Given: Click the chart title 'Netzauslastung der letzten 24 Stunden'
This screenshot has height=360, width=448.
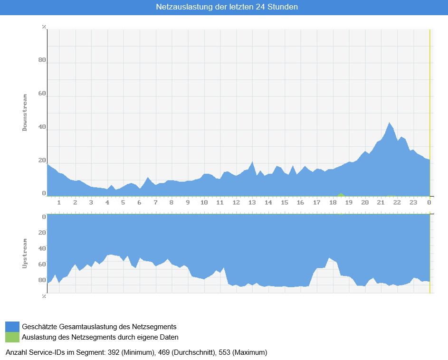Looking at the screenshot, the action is click(x=227, y=7).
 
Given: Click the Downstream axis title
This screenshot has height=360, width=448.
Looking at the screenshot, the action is click(x=25, y=113).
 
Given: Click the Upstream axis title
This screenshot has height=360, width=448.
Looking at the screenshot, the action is click(x=25, y=254).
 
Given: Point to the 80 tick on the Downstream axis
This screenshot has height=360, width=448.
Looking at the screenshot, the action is click(x=42, y=60).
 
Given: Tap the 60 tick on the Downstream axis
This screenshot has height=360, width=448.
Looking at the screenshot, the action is click(x=42, y=94).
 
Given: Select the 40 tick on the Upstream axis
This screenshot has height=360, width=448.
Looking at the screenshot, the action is click(x=42, y=248).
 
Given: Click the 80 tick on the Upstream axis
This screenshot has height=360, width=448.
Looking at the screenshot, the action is click(x=42, y=280).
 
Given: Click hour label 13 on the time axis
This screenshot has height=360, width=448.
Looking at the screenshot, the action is click(x=252, y=203).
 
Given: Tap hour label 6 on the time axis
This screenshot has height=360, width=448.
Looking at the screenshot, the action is click(x=139, y=203).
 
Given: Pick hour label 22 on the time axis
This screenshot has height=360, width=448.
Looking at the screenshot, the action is click(x=397, y=203).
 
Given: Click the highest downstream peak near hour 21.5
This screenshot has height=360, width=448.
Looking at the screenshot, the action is click(x=389, y=123).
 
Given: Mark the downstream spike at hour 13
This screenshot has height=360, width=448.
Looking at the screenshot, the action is click(x=252, y=161).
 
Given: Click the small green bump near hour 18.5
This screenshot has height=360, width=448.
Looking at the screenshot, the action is click(x=341, y=195).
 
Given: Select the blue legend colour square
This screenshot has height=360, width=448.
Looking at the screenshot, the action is click(x=12, y=327).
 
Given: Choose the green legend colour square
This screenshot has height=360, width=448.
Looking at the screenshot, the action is click(x=12, y=337).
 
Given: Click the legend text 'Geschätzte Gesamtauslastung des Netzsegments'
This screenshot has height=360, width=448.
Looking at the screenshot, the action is click(x=99, y=327).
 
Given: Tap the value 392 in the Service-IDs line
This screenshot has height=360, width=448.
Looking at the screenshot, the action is click(x=114, y=352).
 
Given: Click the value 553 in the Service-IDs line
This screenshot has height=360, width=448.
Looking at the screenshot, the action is click(x=225, y=352).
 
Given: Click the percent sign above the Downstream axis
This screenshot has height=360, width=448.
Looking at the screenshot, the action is click(x=44, y=27).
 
